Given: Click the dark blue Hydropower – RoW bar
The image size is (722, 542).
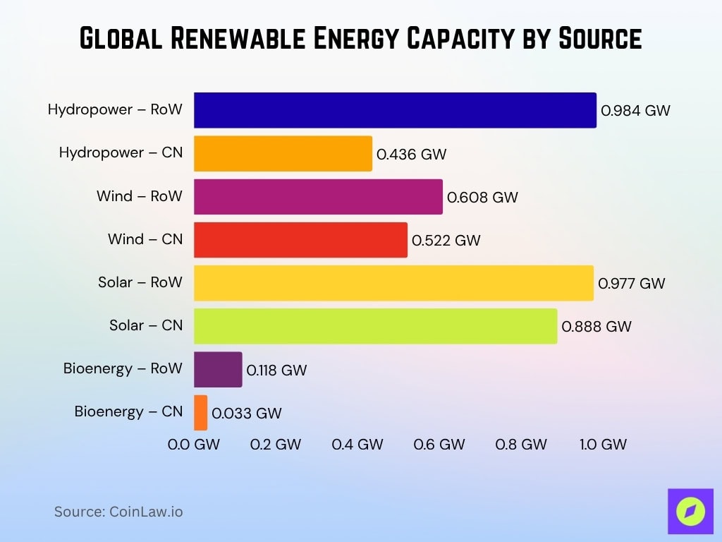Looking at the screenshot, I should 395,110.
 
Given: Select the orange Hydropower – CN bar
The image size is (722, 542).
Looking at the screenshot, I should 283,154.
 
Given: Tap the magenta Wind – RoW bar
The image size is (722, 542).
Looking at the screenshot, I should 318,197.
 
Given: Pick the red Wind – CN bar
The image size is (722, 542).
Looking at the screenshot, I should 300,240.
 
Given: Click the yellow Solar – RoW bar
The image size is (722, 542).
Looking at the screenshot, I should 393,283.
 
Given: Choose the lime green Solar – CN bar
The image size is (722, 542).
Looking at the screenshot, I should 375,326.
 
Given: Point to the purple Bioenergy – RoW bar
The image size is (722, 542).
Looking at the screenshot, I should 218,369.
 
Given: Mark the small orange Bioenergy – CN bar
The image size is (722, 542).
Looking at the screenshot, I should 201,412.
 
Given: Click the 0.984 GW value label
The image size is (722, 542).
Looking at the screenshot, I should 635,111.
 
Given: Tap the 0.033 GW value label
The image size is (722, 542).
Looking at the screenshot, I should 247,414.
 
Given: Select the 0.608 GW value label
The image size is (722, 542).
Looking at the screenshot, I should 483,198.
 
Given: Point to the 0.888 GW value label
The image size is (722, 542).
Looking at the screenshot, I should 596,327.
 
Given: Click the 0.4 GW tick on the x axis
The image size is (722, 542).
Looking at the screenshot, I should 357,445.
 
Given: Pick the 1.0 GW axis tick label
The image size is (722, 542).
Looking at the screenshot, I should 603,445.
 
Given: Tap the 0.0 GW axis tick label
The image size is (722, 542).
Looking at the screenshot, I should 194,445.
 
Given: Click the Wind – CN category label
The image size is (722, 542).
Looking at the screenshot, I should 145,239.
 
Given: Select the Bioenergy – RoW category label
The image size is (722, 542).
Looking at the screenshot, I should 123,368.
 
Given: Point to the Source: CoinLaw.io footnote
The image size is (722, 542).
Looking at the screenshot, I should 118,512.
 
